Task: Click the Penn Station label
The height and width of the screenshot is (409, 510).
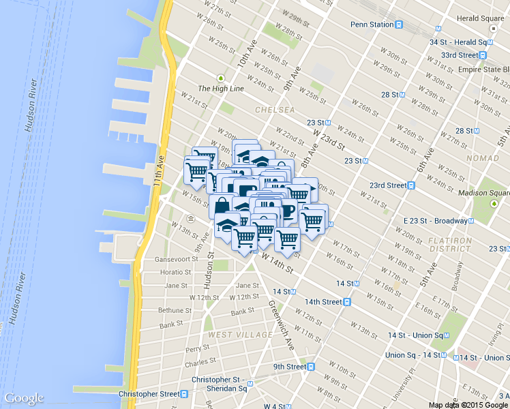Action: click(x=372, y=25)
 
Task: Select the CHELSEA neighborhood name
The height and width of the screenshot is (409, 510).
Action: click(x=275, y=110)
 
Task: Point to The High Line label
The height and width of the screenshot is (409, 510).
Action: click(x=220, y=89)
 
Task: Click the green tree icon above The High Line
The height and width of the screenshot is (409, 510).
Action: click(x=220, y=78)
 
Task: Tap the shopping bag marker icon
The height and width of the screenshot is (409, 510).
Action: click(x=224, y=205)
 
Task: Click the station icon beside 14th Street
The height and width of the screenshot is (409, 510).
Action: click(x=347, y=301)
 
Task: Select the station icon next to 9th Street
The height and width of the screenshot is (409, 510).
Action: click(x=311, y=366)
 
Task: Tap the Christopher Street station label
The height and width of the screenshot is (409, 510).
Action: click(x=149, y=394)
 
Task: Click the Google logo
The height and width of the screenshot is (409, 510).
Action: click(x=24, y=399)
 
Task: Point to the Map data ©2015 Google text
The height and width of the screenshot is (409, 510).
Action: click(x=468, y=404)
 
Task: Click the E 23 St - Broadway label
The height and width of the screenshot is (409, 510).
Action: click(x=434, y=221)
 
